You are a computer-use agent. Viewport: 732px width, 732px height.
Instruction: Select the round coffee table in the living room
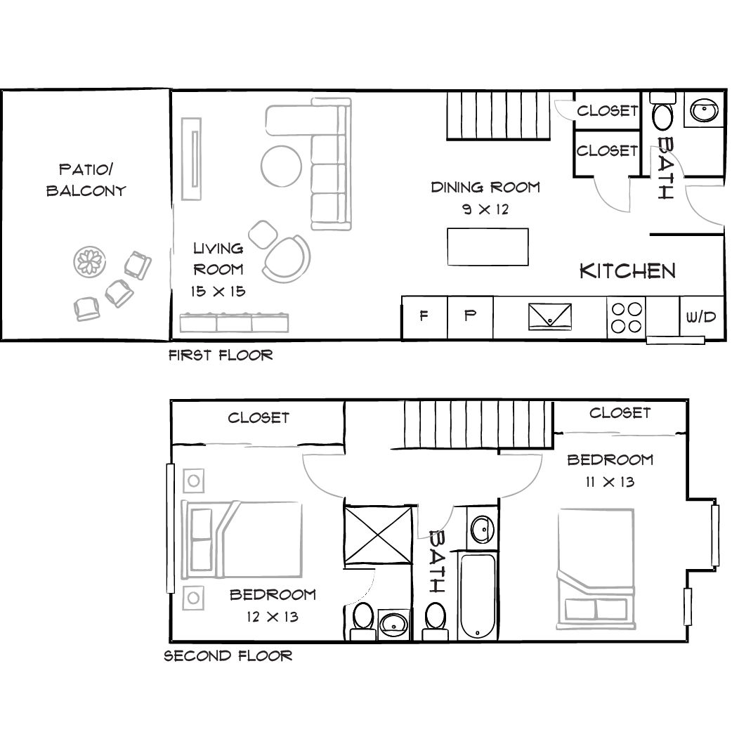point(282,165)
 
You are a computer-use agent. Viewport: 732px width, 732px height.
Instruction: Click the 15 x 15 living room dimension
point(218,291)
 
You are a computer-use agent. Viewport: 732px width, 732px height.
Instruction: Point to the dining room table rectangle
point(488,247)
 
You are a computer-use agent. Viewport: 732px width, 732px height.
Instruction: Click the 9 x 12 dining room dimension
point(485,209)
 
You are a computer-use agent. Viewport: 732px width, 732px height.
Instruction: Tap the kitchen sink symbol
point(550,315)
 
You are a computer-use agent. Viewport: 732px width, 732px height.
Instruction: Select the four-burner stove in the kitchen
point(625,317)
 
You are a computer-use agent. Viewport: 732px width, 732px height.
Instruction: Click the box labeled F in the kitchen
point(424,316)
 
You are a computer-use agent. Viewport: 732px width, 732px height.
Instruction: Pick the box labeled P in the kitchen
point(470,316)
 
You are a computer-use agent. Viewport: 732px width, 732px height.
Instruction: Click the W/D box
point(700,317)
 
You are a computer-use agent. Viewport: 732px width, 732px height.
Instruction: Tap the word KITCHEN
point(627,271)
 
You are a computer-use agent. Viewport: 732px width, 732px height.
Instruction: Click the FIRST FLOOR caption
point(221,355)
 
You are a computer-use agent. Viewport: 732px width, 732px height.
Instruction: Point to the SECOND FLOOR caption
point(228,656)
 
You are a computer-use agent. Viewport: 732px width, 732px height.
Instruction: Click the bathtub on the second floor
point(478,596)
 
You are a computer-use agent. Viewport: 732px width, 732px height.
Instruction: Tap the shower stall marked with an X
point(377,533)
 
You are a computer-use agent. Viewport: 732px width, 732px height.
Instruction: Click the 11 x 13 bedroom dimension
point(610,481)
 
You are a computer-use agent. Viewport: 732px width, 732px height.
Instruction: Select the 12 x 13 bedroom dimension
point(273,617)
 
